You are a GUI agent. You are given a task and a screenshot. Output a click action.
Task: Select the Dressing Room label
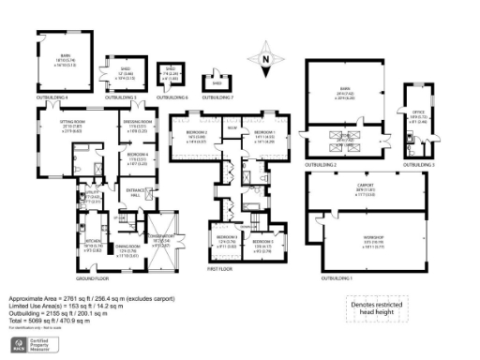(x=136, y=124)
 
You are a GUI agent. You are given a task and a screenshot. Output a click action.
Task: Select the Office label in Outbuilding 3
(x=419, y=114)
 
